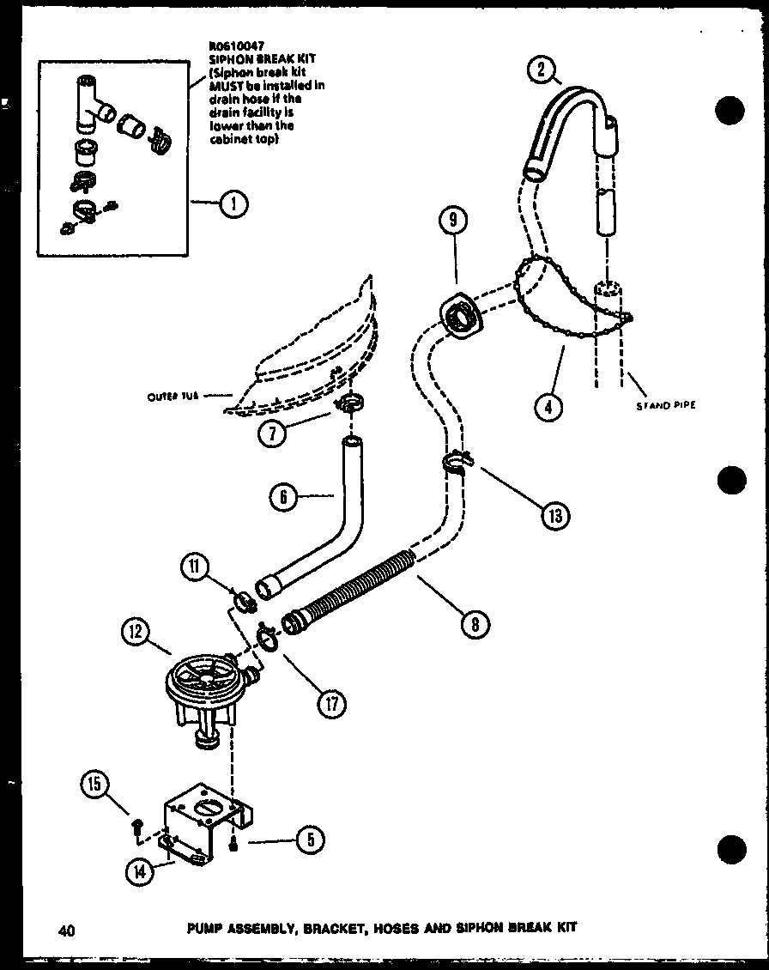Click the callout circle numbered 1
click(233, 203)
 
